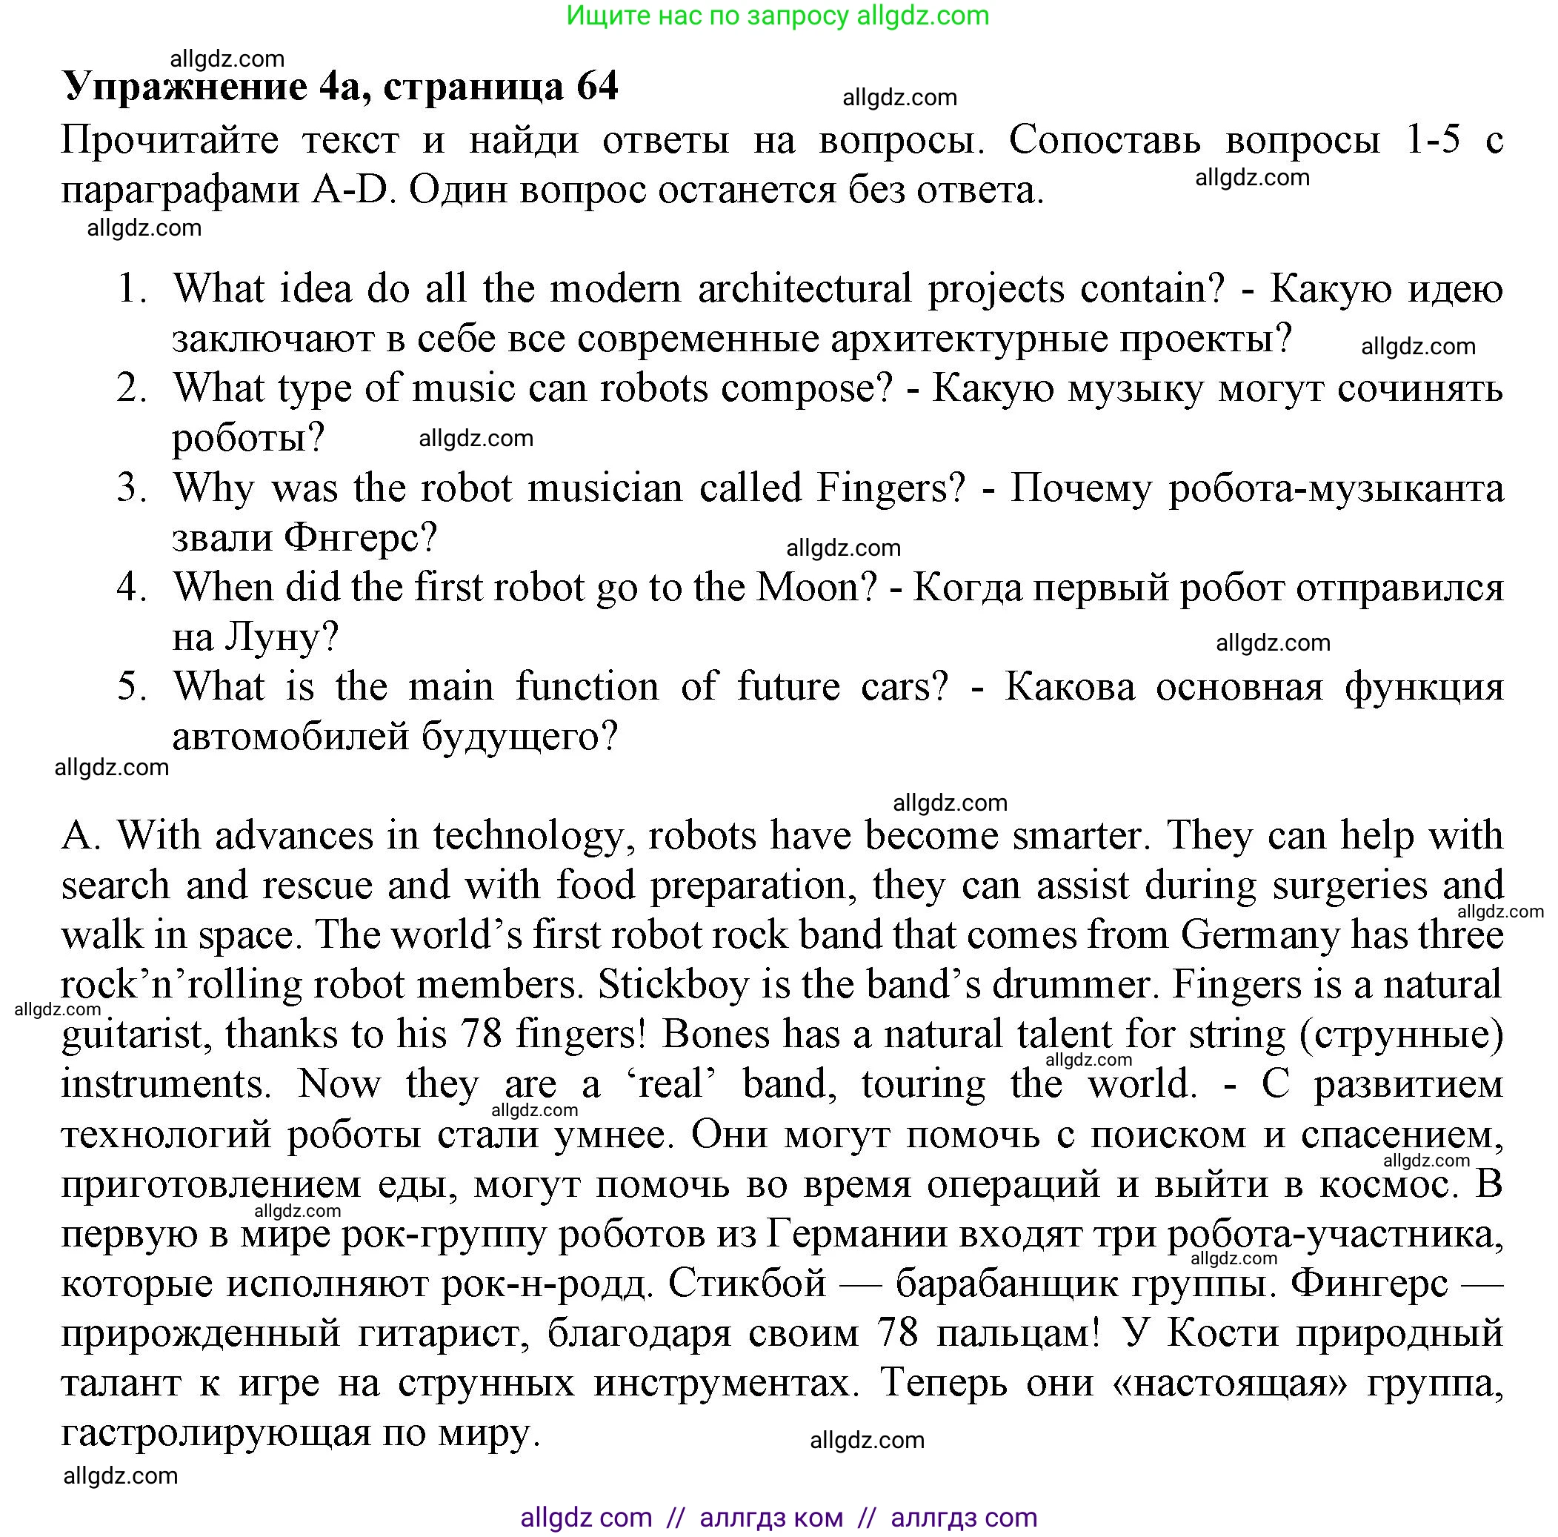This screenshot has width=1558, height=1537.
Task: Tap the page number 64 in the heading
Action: click(x=596, y=86)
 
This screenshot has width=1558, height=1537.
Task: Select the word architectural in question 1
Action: click(x=804, y=289)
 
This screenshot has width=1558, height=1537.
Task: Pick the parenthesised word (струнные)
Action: click(x=1401, y=1035)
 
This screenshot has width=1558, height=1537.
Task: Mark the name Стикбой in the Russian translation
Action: click(x=748, y=1284)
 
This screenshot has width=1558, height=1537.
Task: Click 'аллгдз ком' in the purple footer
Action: click(x=771, y=1518)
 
